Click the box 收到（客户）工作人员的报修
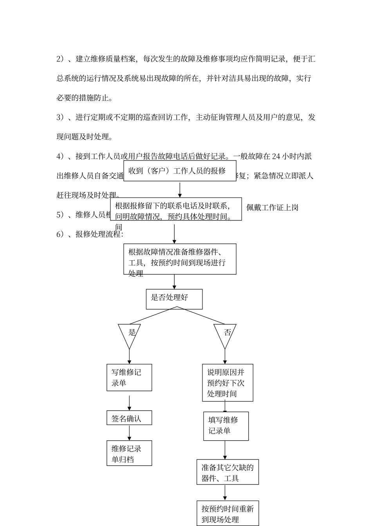pos(180,171)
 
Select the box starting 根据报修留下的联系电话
pos(176,209)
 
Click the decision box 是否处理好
pos(174,299)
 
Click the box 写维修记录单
pos(129,377)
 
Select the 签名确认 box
pos(129,418)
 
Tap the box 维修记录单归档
pos(129,453)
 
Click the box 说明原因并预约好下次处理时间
pos(228,382)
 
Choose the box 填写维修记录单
pos(226,426)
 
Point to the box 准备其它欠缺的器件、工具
pos(228,472)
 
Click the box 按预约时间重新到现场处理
pos(228,513)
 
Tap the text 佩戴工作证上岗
pos(273,207)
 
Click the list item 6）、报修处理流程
pos(90,234)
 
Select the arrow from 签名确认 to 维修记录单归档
pos(130,433)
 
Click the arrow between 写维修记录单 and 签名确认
pos(130,403)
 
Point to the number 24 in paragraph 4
pos(276,156)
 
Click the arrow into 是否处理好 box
pos(174,282)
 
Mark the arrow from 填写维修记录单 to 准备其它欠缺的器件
pos(225,450)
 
